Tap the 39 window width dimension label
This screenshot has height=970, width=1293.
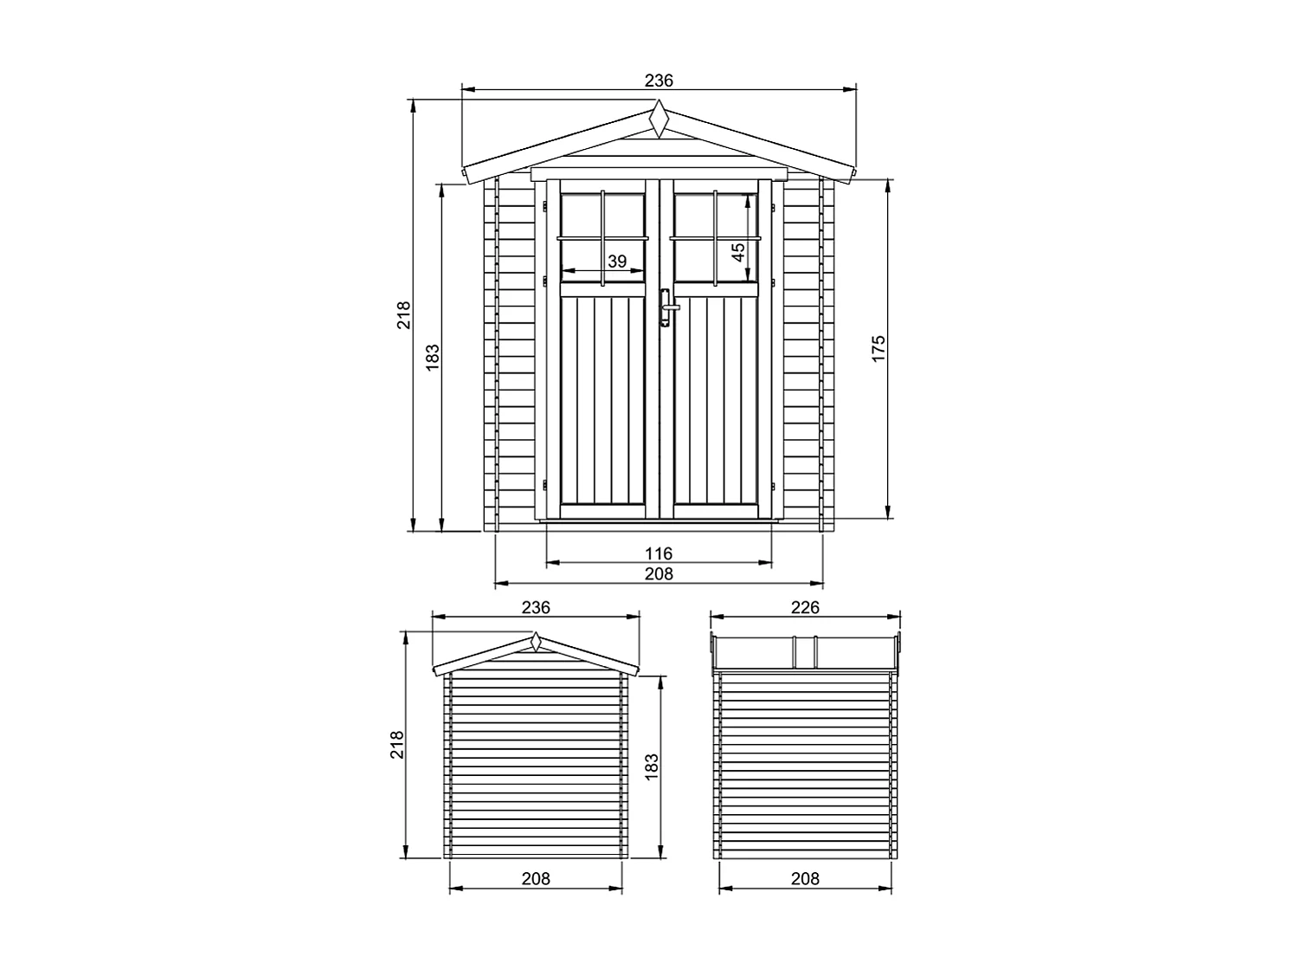[616, 261]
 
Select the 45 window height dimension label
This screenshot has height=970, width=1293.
[737, 251]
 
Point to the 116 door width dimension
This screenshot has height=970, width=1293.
[659, 553]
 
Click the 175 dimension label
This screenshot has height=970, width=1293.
[878, 348]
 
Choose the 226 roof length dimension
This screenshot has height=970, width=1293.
[805, 607]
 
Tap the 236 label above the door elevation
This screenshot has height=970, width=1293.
[659, 80]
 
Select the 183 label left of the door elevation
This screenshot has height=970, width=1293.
[433, 356]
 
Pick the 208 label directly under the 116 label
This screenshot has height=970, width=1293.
[659, 572]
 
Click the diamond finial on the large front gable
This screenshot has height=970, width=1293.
[659, 119]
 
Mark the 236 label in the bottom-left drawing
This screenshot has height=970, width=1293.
[536, 607]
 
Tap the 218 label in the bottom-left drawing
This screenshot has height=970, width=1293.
[396, 745]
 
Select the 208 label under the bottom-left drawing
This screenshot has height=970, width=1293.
[536, 878]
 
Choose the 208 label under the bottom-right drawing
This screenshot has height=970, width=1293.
[805, 878]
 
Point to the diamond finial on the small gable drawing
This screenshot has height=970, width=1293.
[536, 643]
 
